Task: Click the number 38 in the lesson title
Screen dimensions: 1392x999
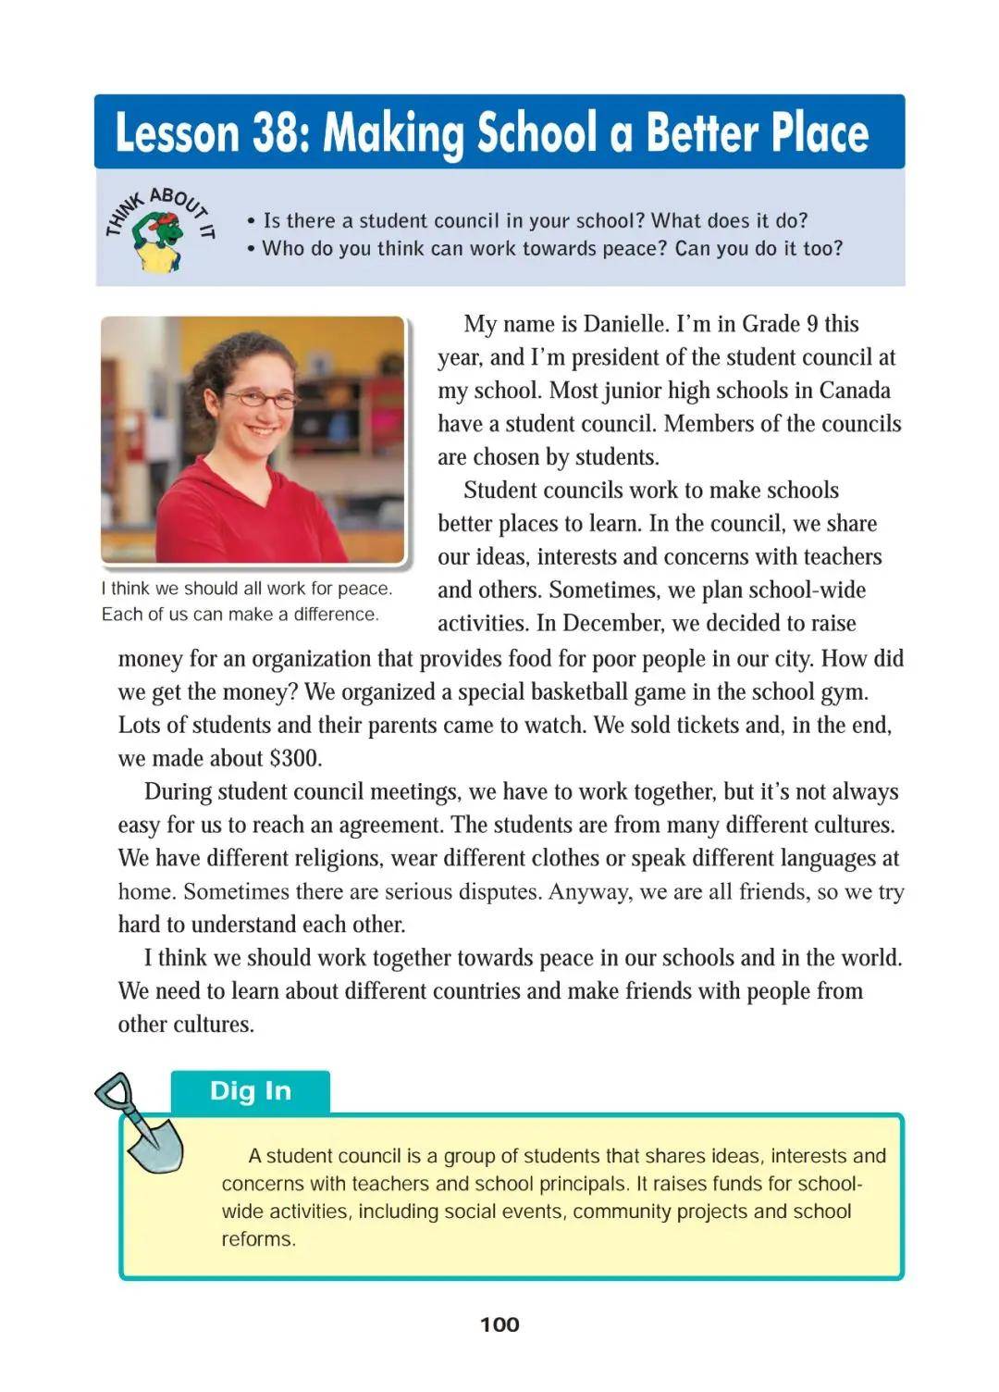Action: (274, 133)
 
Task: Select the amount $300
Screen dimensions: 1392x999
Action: (295, 759)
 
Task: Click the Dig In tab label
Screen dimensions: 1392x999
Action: (251, 1091)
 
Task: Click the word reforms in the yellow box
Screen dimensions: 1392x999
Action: (257, 1239)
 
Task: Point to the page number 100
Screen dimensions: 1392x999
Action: (499, 1324)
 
